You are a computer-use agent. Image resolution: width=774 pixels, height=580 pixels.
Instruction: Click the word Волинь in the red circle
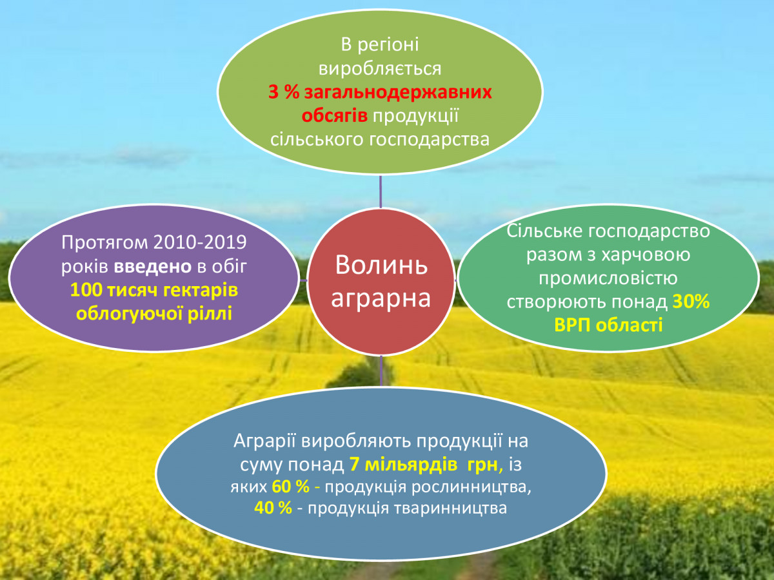point(381,265)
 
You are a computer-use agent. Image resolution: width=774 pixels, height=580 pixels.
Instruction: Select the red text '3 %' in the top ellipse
point(284,92)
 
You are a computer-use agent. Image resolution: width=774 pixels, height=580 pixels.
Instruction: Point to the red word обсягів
point(335,115)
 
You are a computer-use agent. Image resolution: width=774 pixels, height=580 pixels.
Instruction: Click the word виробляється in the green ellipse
point(380,68)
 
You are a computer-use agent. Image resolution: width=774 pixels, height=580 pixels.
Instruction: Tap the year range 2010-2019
point(201,242)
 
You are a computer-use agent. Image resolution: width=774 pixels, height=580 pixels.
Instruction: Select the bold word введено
point(152,267)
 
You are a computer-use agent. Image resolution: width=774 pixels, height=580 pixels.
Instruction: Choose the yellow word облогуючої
point(129,313)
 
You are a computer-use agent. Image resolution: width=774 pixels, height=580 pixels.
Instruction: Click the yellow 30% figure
point(691,302)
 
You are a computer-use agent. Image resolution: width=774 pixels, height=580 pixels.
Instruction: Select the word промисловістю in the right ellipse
point(608,278)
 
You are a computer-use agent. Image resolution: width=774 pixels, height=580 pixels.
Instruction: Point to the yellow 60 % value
point(290,487)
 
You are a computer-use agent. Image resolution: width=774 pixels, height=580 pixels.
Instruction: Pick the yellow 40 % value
point(273,508)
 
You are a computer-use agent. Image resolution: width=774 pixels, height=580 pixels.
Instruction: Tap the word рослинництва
point(471,488)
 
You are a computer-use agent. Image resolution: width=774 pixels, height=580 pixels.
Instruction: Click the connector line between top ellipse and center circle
point(381,192)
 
